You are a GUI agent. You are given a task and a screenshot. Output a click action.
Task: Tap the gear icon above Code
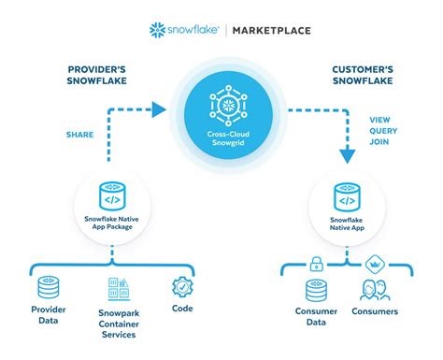point(181,287)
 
